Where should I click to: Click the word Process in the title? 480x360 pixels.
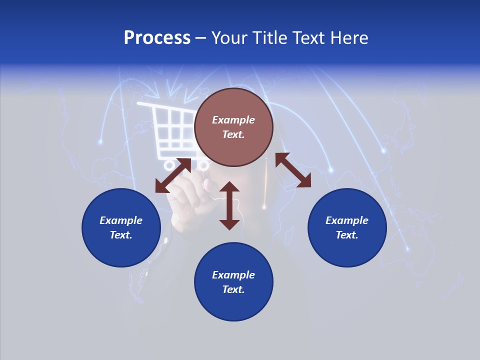[x=157, y=38]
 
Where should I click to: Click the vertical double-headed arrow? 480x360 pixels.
[x=229, y=206]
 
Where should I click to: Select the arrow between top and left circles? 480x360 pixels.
[x=173, y=175]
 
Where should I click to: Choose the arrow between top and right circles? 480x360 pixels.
[x=293, y=170]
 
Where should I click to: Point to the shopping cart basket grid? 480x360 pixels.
[x=172, y=130]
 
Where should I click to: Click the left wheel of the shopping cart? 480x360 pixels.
[x=169, y=164]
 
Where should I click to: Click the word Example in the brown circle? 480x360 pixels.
[x=233, y=120]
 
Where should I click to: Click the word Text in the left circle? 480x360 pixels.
[x=121, y=235]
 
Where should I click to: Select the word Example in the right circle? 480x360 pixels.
[x=347, y=220]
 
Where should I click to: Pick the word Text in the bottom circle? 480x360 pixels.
[x=233, y=289]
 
